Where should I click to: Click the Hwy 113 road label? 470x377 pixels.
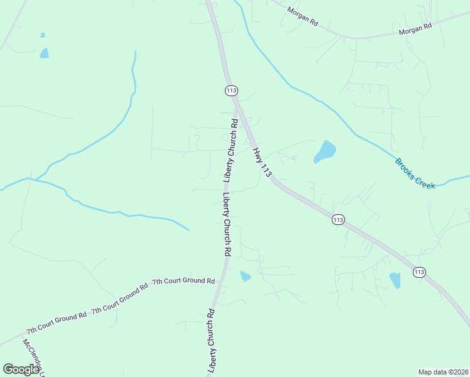(x=262, y=163)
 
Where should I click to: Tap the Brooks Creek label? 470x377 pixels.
(x=415, y=173)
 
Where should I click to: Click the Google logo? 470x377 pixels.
(x=21, y=369)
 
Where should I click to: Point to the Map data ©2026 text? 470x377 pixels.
(x=443, y=371)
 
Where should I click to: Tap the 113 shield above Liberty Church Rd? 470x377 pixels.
(x=231, y=90)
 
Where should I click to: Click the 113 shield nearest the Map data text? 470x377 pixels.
(x=419, y=272)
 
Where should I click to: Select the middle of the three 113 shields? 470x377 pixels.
(x=338, y=219)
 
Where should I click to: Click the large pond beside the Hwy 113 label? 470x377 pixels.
(x=325, y=151)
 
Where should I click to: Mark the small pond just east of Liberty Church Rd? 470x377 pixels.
(x=245, y=276)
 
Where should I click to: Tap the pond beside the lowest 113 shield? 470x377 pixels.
(x=395, y=280)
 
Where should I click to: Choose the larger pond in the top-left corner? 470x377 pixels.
(x=44, y=53)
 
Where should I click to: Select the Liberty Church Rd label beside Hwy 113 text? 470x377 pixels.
(x=231, y=151)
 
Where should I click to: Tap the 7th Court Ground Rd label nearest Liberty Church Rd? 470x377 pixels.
(x=179, y=281)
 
